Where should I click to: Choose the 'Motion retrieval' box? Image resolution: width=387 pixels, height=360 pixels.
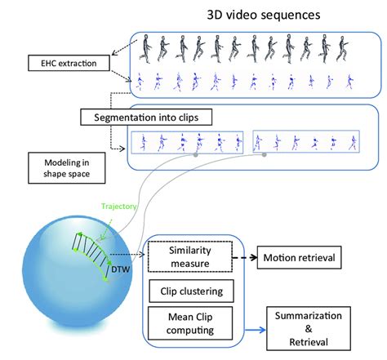coord(299,259)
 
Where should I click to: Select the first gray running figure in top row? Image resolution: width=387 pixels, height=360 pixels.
coord(145,47)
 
